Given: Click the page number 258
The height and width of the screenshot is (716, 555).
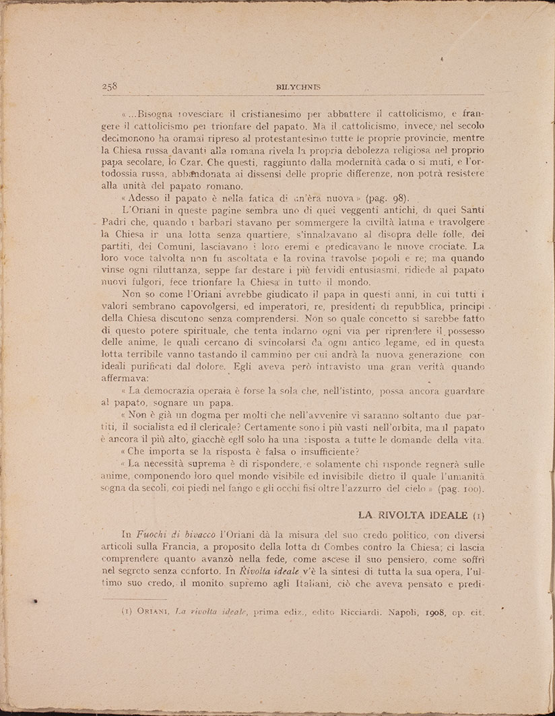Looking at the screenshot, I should pyautogui.click(x=109, y=86).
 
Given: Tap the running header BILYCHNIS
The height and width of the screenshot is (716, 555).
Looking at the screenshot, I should pyautogui.click(x=294, y=87).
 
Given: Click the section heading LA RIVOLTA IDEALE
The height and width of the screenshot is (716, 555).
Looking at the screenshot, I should pyautogui.click(x=413, y=515).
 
